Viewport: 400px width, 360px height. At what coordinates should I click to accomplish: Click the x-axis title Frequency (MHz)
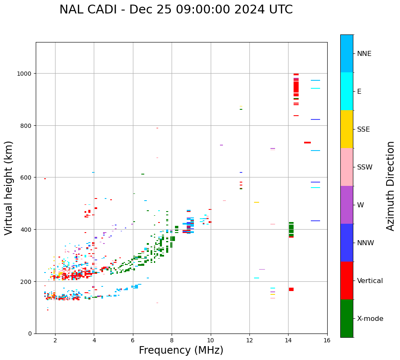point(181,350)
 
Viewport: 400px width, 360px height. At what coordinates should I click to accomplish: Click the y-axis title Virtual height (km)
point(9,188)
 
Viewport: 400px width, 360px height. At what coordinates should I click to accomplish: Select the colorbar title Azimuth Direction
point(391,186)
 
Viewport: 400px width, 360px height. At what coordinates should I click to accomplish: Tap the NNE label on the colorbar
point(364,53)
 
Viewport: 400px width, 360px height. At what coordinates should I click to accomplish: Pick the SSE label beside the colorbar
point(363,129)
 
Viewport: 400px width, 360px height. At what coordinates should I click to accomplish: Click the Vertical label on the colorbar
point(370,281)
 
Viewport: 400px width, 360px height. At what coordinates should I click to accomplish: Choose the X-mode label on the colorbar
point(370,318)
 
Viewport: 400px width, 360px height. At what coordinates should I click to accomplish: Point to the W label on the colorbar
point(360,205)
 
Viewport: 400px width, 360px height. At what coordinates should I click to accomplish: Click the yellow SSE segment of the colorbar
point(347,129)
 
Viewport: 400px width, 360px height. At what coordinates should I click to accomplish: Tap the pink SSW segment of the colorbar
point(347,167)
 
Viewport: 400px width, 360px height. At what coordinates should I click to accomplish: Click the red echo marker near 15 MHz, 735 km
point(307,143)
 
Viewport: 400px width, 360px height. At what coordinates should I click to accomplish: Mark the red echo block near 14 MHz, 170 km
point(291,289)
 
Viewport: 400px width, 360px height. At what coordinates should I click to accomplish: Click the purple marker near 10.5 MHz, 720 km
point(221,145)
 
